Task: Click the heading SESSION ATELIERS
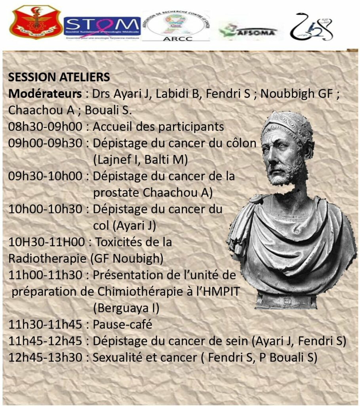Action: (59, 77)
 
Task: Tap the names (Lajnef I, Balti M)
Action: (140, 160)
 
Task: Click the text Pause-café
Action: (122, 324)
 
